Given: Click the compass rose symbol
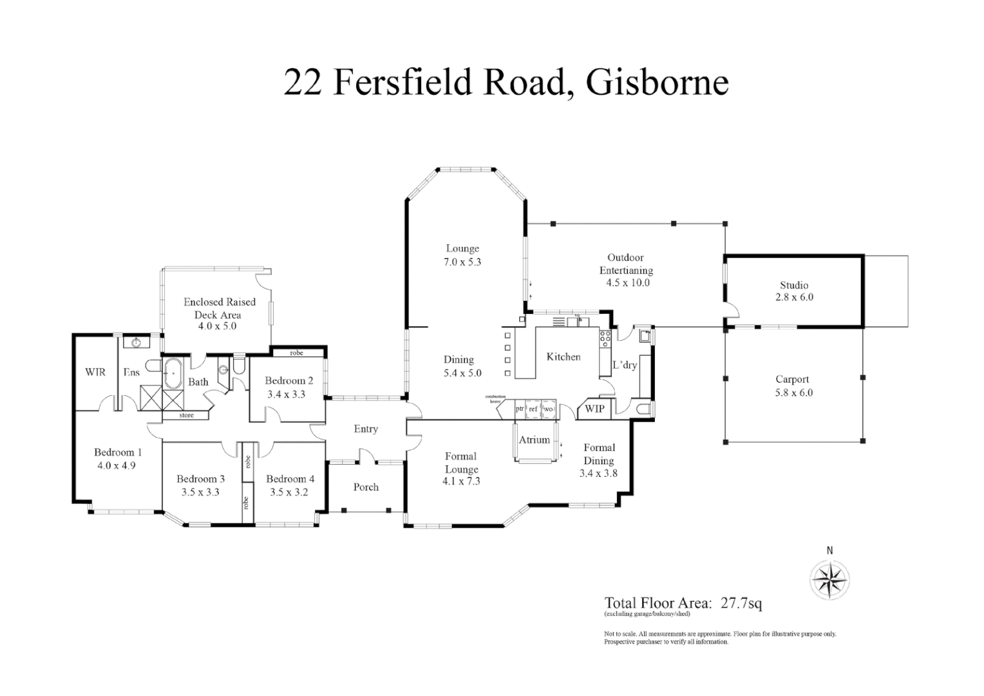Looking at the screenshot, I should coord(829,579).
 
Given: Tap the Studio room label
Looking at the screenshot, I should coord(793,285).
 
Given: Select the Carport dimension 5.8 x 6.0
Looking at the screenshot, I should coord(793,392).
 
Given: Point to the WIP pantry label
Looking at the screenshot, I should coord(594,409).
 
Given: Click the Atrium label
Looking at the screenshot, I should coord(534,440).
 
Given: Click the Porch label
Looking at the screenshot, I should coord(366,487).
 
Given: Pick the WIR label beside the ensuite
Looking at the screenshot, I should coord(95,372).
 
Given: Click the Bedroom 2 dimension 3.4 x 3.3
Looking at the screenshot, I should coord(286,394).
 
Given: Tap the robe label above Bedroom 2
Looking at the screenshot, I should coord(296,353).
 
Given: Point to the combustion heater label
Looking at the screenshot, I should coord(495,399).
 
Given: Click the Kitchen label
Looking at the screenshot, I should coord(563,356).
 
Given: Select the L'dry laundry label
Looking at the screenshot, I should coord(624,365).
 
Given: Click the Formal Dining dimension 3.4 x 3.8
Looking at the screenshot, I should coord(599,474).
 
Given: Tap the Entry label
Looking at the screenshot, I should coord(366,429).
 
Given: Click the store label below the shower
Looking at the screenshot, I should coord(186,416).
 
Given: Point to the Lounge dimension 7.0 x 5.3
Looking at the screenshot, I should coord(462,262).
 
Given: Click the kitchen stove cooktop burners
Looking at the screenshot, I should coord(605,339).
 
